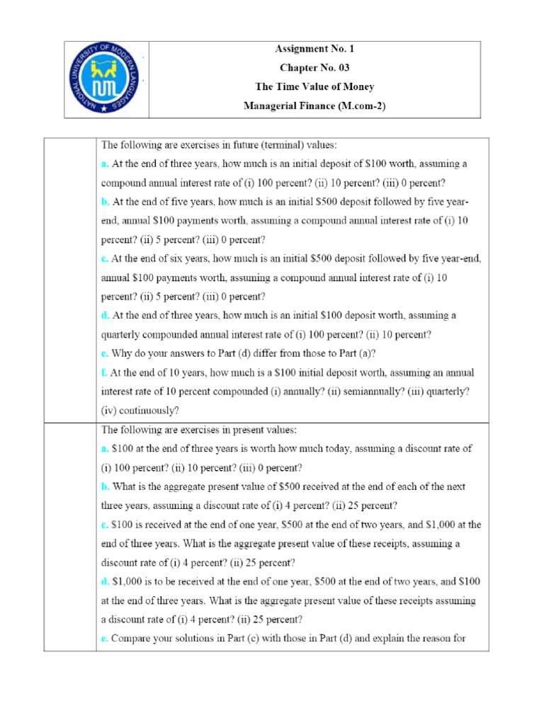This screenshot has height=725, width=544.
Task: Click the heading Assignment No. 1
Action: click(314, 50)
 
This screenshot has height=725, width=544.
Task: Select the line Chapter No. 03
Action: click(314, 68)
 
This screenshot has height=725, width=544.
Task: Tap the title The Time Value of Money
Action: click(314, 87)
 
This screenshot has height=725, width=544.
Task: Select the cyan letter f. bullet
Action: click(105, 372)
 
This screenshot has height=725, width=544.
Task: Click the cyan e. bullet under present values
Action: click(105, 639)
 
